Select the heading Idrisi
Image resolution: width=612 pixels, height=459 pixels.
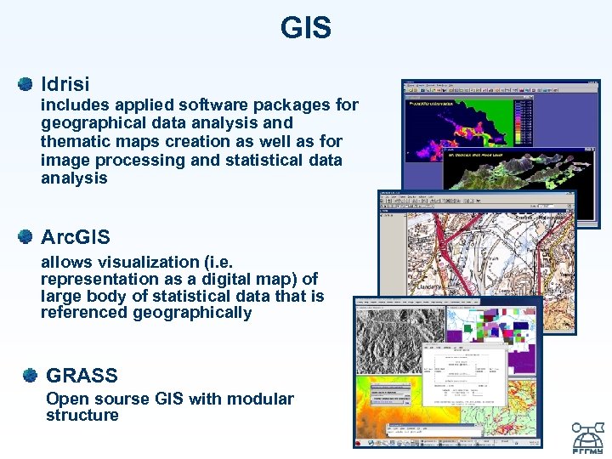click(65, 84)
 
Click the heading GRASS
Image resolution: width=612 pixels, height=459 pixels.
click(82, 375)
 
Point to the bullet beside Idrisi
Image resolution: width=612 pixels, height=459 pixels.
click(25, 84)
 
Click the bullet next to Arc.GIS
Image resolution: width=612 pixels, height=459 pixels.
click(25, 237)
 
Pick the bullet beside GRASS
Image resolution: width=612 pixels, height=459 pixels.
click(31, 375)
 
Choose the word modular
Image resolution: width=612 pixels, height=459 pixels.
click(263, 399)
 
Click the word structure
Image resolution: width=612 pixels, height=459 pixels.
click(82, 416)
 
